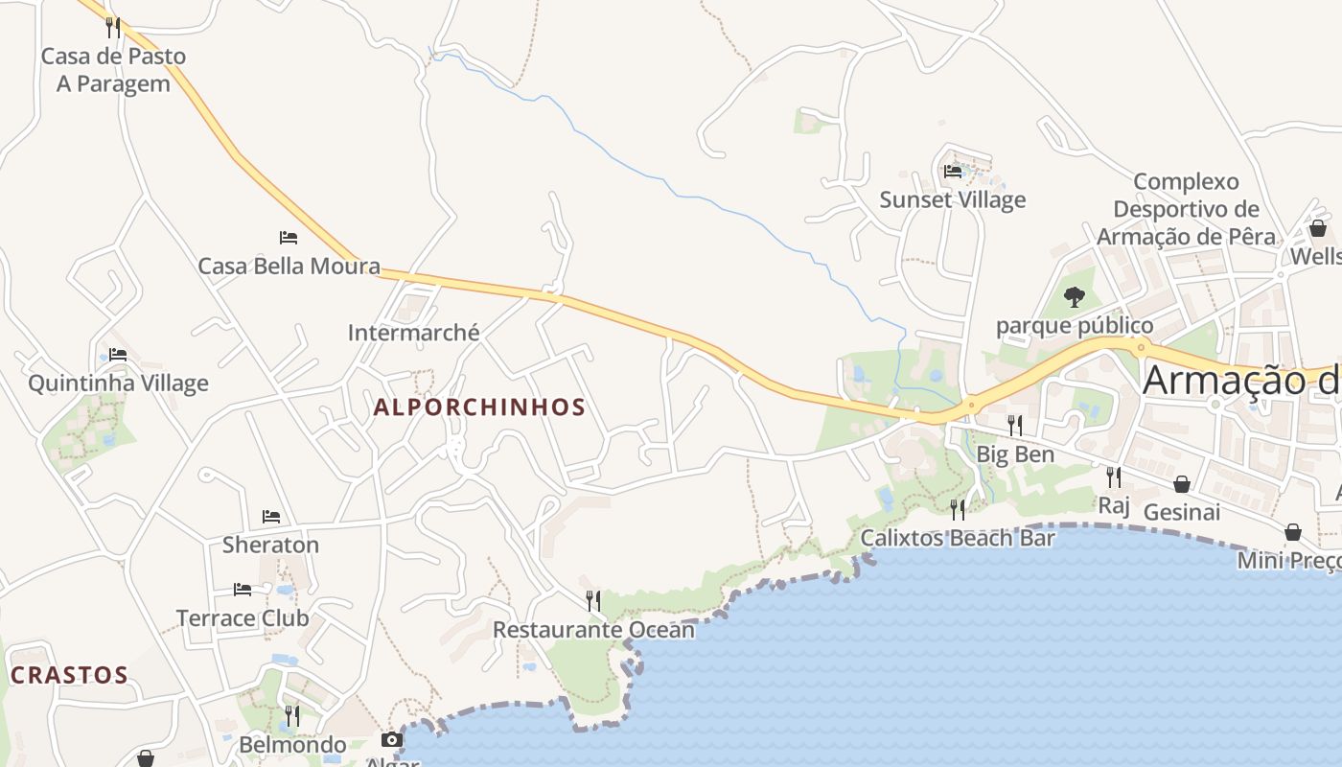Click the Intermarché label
[413, 333]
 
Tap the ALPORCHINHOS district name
[479, 407]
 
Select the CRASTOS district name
[69, 675]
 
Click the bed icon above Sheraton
[271, 517]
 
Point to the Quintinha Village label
[118, 383]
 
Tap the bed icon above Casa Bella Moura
[289, 237]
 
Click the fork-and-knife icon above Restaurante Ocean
[593, 601]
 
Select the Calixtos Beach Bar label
[958, 538]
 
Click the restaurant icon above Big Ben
[1015, 425]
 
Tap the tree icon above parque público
[1075, 297]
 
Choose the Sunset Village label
[953, 199]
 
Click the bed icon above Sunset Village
[953, 172]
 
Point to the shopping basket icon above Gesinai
[1182, 484]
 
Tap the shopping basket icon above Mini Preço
[1293, 532]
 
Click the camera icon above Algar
[392, 739]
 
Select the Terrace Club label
[243, 618]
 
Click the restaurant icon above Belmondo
[292, 716]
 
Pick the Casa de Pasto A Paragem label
[113, 70]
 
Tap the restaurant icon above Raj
[1114, 476]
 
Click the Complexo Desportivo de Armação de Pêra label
[1187, 209]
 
